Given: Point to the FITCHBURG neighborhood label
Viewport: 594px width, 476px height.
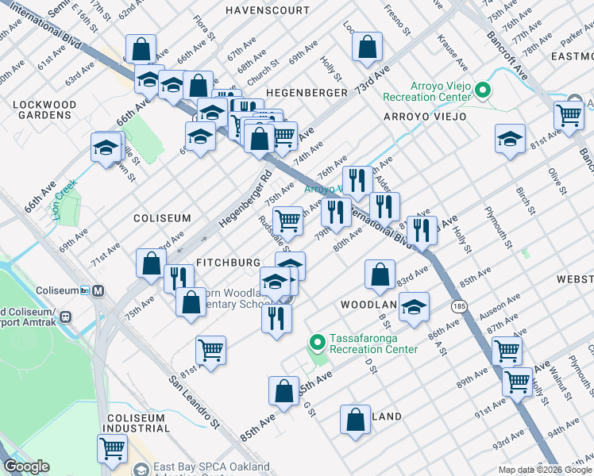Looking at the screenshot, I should (228, 262).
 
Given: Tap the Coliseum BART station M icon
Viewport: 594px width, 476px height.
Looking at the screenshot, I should (99, 290).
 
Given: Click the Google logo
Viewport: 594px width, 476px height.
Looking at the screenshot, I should (26, 466).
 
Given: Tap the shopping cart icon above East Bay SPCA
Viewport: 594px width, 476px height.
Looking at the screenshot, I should (112, 447).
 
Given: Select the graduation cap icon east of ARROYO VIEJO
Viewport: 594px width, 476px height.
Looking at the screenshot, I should (509, 139).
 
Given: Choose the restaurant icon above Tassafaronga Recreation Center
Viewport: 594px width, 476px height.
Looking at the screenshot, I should (276, 317).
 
